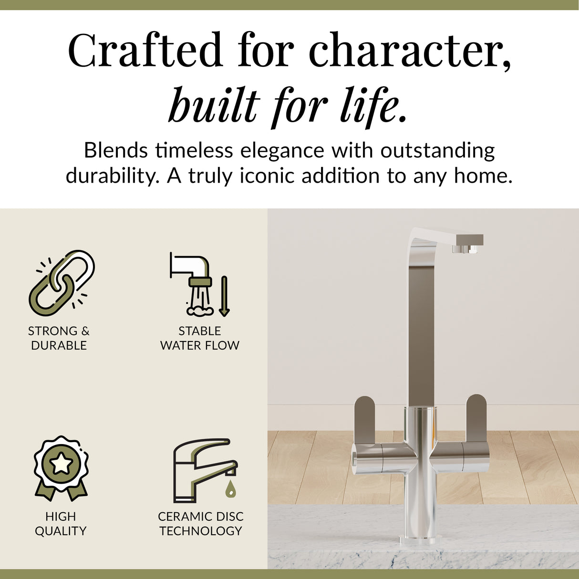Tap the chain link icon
[x=62, y=283]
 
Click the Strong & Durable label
[x=59, y=338]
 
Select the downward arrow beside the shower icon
[x=224, y=296]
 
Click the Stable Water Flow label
[x=200, y=338]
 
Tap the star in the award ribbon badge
[x=61, y=463]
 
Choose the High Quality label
[x=61, y=523]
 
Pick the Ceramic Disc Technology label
[x=200, y=523]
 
